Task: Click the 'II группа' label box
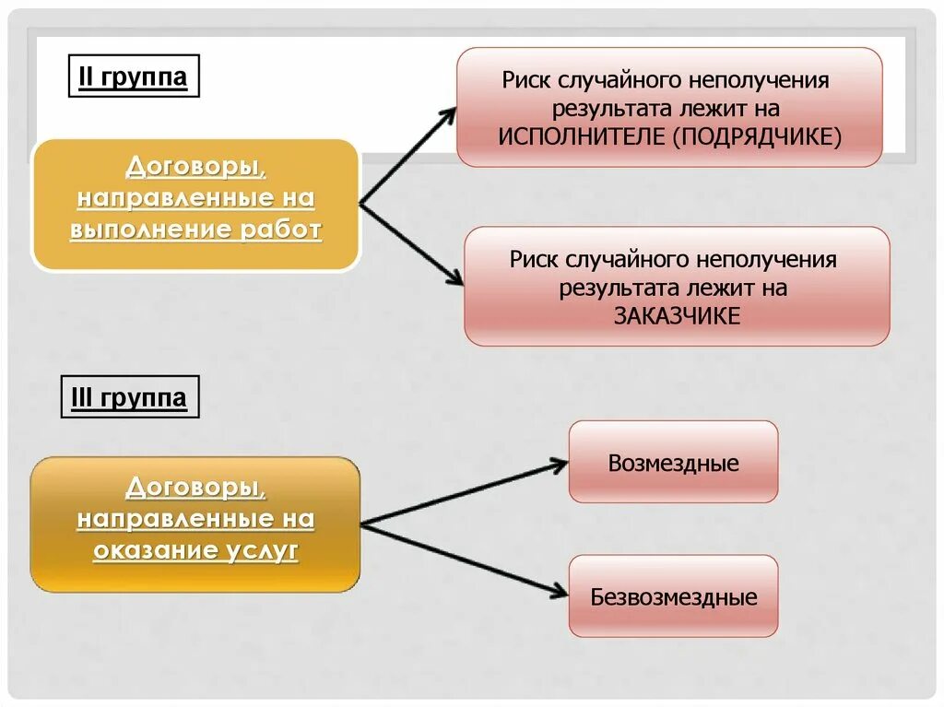pos(133,77)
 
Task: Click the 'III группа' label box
pos(130,398)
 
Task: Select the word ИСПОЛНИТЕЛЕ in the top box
pos(582,136)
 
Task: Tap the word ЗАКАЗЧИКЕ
pos(677,315)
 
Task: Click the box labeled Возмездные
pos(673,462)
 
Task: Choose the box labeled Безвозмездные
pos(673,596)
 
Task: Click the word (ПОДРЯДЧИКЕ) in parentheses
pos(756,136)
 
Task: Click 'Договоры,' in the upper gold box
pos(195,167)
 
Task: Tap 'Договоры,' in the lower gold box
pos(195,488)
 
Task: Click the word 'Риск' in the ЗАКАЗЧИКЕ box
pos(535,259)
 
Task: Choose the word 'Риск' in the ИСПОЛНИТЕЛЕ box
pos(526,80)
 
